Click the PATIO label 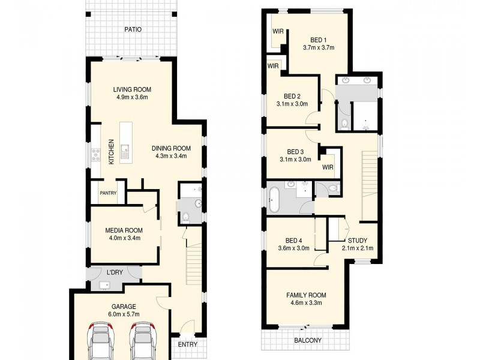click(x=133, y=29)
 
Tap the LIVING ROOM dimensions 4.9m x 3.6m click(x=131, y=97)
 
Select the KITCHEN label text click(x=111, y=152)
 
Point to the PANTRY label click(x=108, y=193)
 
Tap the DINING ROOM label click(x=171, y=148)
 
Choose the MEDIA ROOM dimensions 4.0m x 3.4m click(x=123, y=238)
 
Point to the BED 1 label click(x=318, y=39)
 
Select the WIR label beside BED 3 click(x=328, y=167)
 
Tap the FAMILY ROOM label click(x=306, y=295)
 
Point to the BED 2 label click(x=292, y=96)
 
